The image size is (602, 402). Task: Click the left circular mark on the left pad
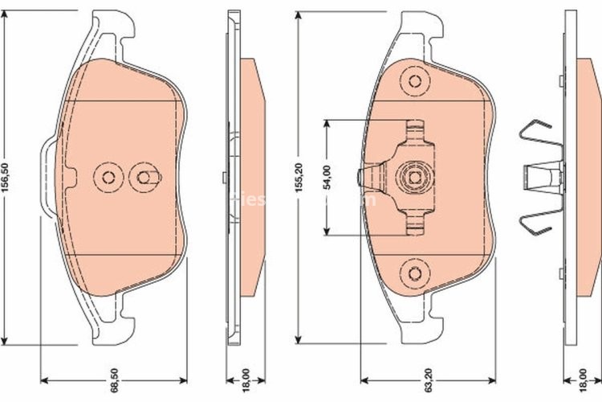pyautogui.click(x=105, y=178)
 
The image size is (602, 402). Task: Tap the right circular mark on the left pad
pyautogui.click(x=144, y=178)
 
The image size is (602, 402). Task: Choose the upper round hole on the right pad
pyautogui.click(x=415, y=80)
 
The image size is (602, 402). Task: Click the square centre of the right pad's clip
pyautogui.click(x=415, y=178)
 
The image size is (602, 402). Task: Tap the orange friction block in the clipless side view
pyautogui.click(x=251, y=178)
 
